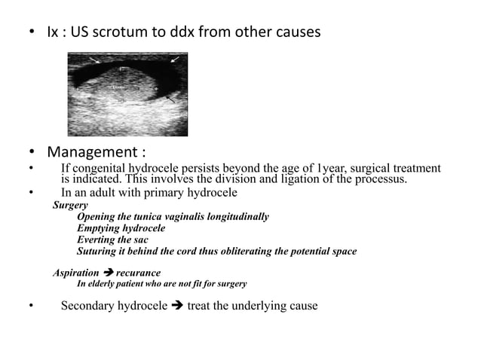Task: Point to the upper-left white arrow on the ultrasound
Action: point(93,59)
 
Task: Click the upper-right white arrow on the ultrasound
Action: point(174,58)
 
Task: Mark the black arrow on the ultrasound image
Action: point(170,98)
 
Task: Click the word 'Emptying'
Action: point(100,228)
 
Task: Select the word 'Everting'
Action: point(97,239)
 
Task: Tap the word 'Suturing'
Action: point(97,251)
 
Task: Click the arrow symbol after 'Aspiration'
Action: point(108,273)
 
